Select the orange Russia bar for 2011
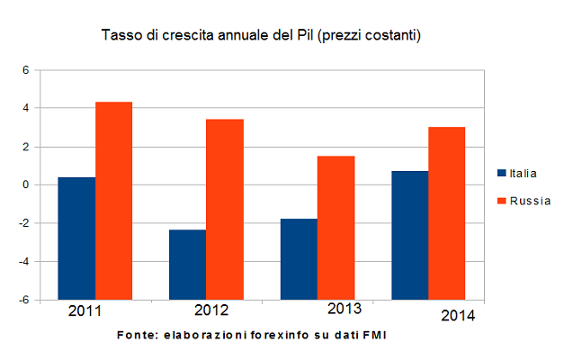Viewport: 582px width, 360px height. [x=113, y=199]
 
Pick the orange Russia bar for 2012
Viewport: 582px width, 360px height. [x=225, y=208]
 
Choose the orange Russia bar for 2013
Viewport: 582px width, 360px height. [x=336, y=226]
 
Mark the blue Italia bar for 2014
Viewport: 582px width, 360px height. [x=410, y=234]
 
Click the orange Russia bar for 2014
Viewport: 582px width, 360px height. [x=447, y=211]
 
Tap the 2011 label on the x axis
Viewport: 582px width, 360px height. [x=85, y=311]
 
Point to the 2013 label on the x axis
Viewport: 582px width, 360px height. [x=343, y=309]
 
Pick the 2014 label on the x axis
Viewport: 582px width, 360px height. [x=457, y=316]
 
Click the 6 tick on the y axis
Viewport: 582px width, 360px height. [x=26, y=70]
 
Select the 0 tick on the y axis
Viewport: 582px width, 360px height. [x=26, y=184]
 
